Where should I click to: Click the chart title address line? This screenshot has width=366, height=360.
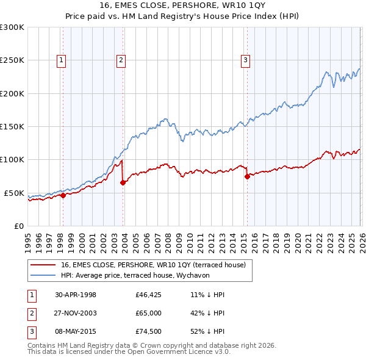click(x=183, y=6)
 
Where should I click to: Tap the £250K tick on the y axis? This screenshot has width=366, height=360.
click(x=12, y=60)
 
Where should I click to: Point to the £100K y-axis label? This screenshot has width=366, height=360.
click(x=12, y=160)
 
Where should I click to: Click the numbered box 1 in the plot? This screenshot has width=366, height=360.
click(x=62, y=60)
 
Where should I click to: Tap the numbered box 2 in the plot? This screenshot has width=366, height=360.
click(x=121, y=60)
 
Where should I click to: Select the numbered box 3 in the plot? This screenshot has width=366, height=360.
click(x=245, y=60)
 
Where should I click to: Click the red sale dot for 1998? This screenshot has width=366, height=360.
click(x=63, y=195)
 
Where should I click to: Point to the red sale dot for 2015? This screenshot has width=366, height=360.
click(x=247, y=176)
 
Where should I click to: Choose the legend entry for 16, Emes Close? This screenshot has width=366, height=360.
click(x=152, y=265)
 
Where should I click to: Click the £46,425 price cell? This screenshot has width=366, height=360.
click(x=148, y=295)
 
